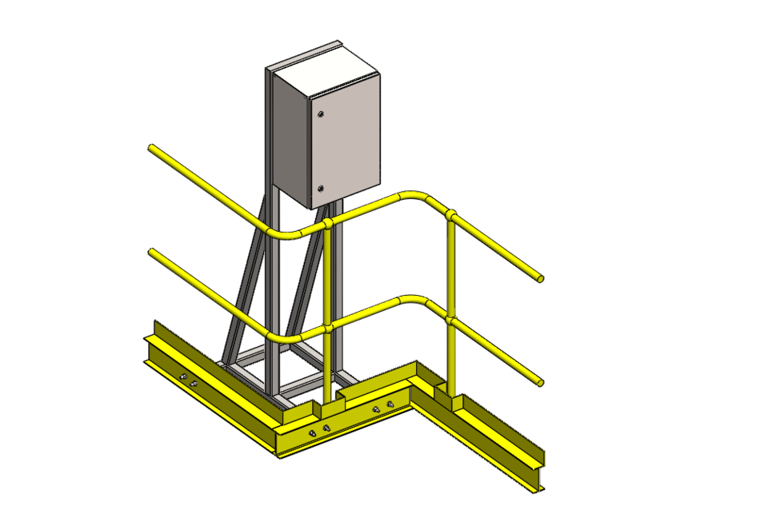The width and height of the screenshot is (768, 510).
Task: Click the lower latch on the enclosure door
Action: tap(320, 189)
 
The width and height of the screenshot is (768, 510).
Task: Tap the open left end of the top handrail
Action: tap(151, 148)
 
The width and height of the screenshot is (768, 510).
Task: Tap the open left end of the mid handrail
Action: tap(151, 253)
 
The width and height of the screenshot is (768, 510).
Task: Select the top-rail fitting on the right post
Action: tap(452, 215)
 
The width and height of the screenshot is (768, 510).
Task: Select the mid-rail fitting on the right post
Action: tap(452, 321)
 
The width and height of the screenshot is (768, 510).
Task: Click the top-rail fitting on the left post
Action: tap(327, 223)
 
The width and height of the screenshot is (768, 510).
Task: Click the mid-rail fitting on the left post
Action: tap(327, 327)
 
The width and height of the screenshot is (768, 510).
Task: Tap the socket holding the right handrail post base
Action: tap(453, 400)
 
